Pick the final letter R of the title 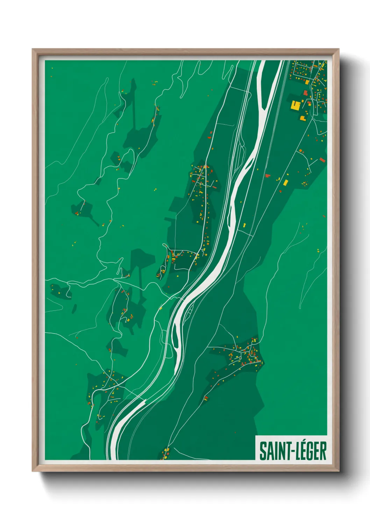[323, 451]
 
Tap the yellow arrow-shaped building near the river [244, 225]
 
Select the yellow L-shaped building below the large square [302, 118]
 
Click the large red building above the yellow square [305, 93]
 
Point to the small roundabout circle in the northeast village [309, 103]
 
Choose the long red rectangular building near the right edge [322, 160]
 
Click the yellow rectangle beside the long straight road [285, 182]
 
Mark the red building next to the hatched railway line [268, 176]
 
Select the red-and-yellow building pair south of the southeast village [206, 398]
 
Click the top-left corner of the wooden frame [33, 50]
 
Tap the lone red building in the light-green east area [325, 216]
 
